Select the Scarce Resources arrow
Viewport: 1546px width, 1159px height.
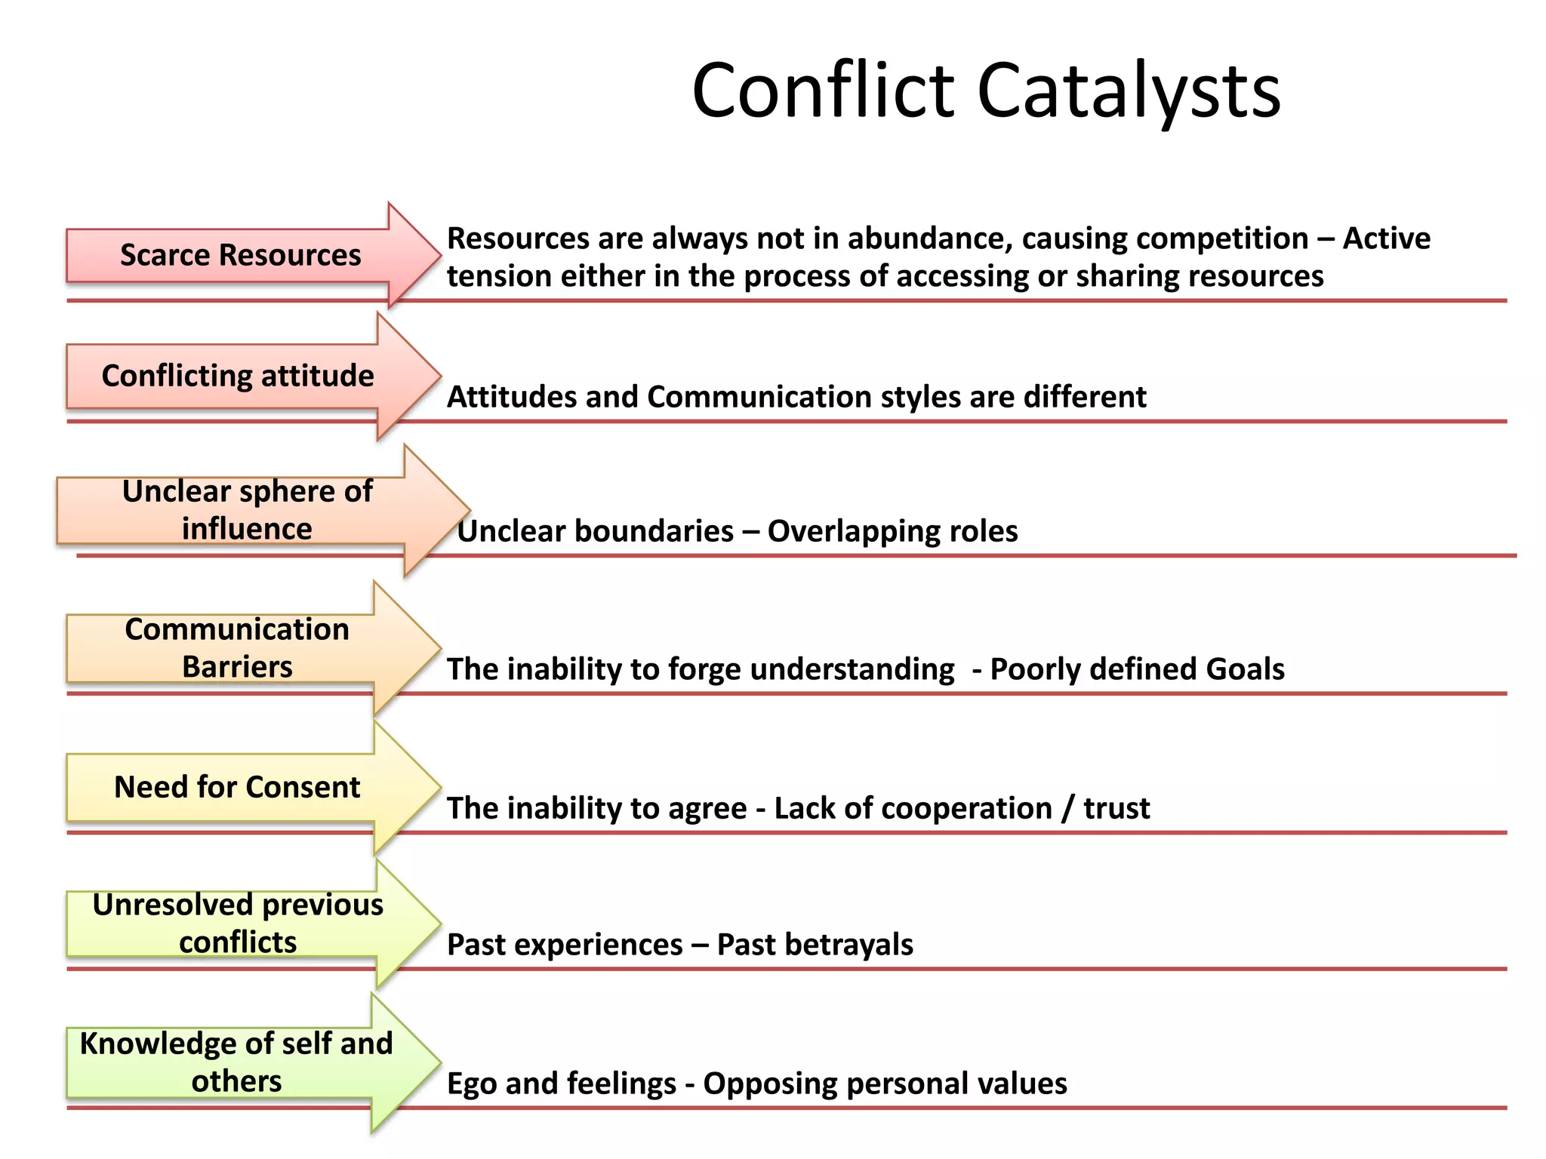pyautogui.click(x=242, y=255)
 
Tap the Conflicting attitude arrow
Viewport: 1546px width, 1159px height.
pyautogui.click(x=239, y=376)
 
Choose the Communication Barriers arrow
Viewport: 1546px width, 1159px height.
pyautogui.click(x=237, y=647)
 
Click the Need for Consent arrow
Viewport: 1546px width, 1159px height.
pyautogui.click(x=237, y=787)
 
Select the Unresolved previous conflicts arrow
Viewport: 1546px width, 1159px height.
pyautogui.click(x=238, y=924)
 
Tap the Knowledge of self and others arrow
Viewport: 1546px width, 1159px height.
pyautogui.click(x=237, y=1062)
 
